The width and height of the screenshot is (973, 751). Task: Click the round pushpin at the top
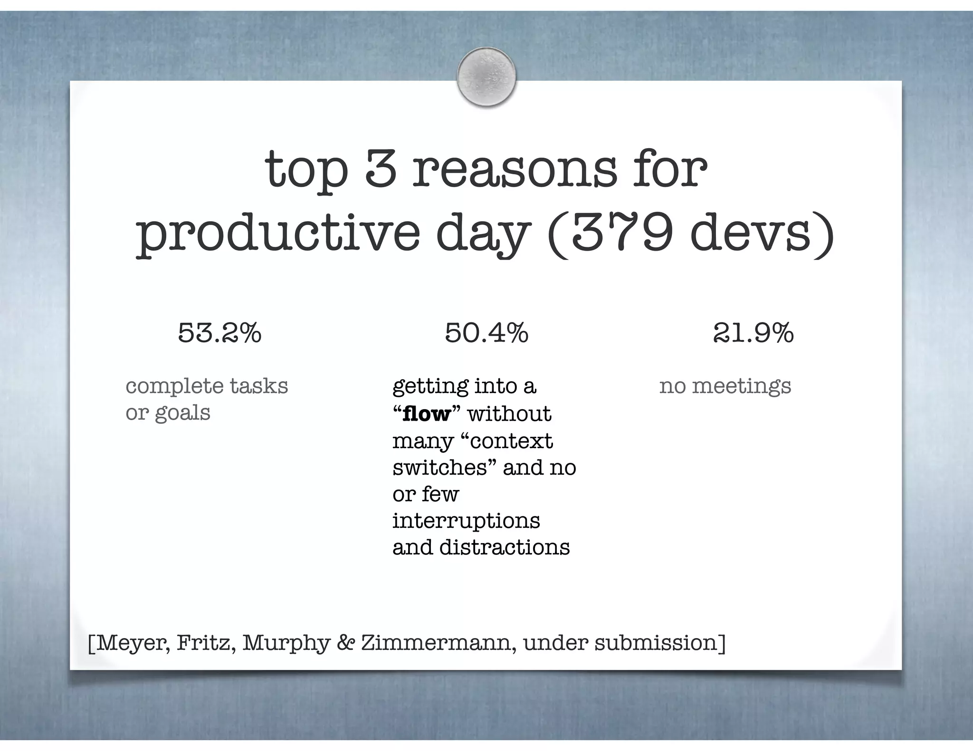486,76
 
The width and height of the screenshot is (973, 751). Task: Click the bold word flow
426,414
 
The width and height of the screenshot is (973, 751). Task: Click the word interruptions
466,521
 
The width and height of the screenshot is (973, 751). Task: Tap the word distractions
504,547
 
